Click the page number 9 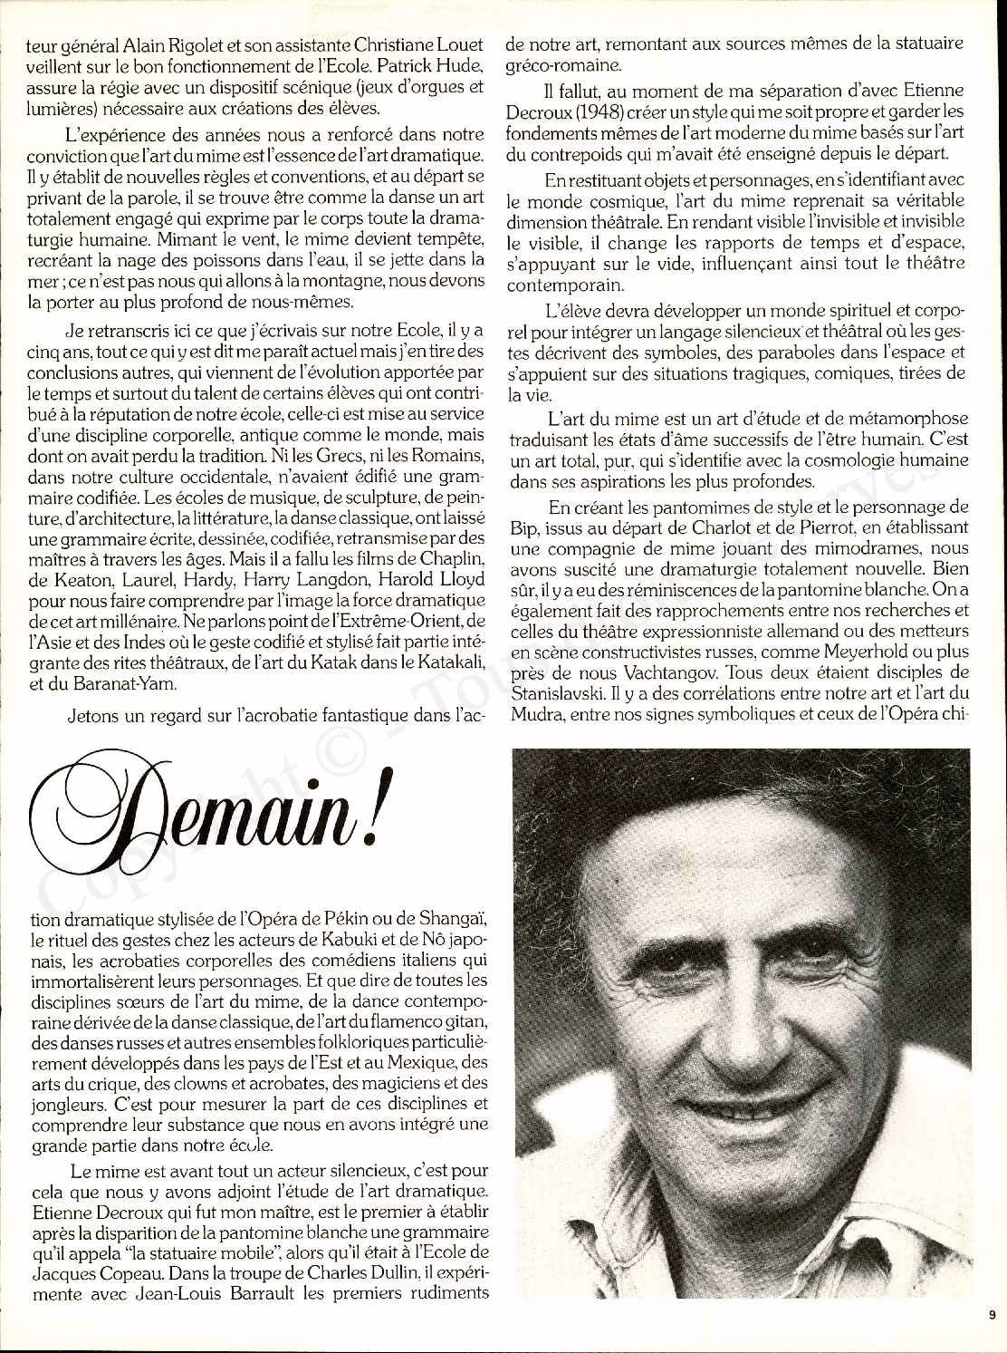[x=992, y=1316]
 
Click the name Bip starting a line [x=523, y=526]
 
